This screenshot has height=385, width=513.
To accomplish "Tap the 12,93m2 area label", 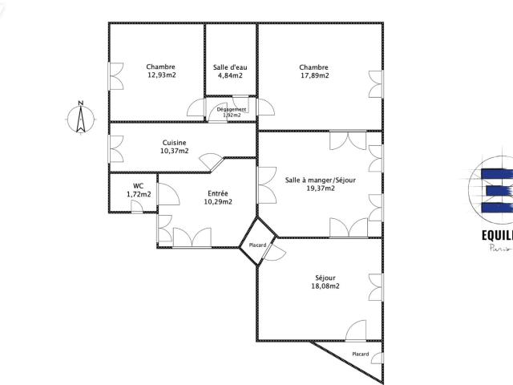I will click(x=160, y=75).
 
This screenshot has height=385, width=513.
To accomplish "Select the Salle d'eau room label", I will click(x=230, y=67).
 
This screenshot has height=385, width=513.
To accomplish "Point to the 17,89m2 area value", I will click(x=314, y=75).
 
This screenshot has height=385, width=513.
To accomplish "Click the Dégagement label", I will click(x=231, y=109).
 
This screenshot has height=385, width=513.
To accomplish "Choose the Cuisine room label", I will click(x=174, y=142).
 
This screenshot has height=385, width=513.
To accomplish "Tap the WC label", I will click(x=139, y=185).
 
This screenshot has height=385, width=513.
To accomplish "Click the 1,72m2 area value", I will click(x=139, y=194).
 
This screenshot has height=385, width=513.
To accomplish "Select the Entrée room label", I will click(x=218, y=193).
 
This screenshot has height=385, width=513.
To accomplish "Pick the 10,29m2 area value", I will click(x=218, y=202).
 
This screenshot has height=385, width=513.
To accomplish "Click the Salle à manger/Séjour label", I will click(x=320, y=180).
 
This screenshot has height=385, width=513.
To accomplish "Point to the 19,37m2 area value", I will click(x=320, y=189).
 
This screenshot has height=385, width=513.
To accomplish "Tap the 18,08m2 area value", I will click(x=325, y=286).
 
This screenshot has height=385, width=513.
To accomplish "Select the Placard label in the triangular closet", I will click(x=361, y=354).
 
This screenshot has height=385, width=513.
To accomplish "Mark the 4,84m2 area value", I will click(x=230, y=75).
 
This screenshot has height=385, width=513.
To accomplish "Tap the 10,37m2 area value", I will click(x=174, y=151).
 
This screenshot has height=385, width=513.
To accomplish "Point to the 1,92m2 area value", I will click(x=231, y=115).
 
